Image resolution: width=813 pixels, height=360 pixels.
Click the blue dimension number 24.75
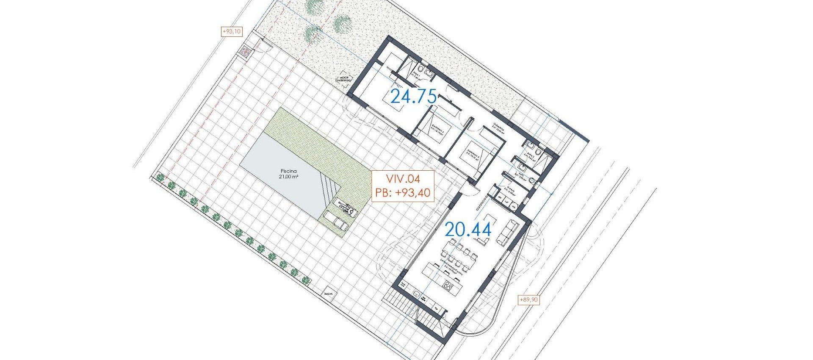413,97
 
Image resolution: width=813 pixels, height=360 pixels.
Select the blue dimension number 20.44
468,230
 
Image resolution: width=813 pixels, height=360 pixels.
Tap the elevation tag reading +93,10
232,31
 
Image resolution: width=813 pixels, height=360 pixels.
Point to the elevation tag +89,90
529,300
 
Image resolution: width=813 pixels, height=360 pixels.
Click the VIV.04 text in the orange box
402,178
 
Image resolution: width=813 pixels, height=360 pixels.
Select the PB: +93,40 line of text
402,193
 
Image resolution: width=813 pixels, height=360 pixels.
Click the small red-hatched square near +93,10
244,52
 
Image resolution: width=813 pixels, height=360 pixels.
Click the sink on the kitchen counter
416,293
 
